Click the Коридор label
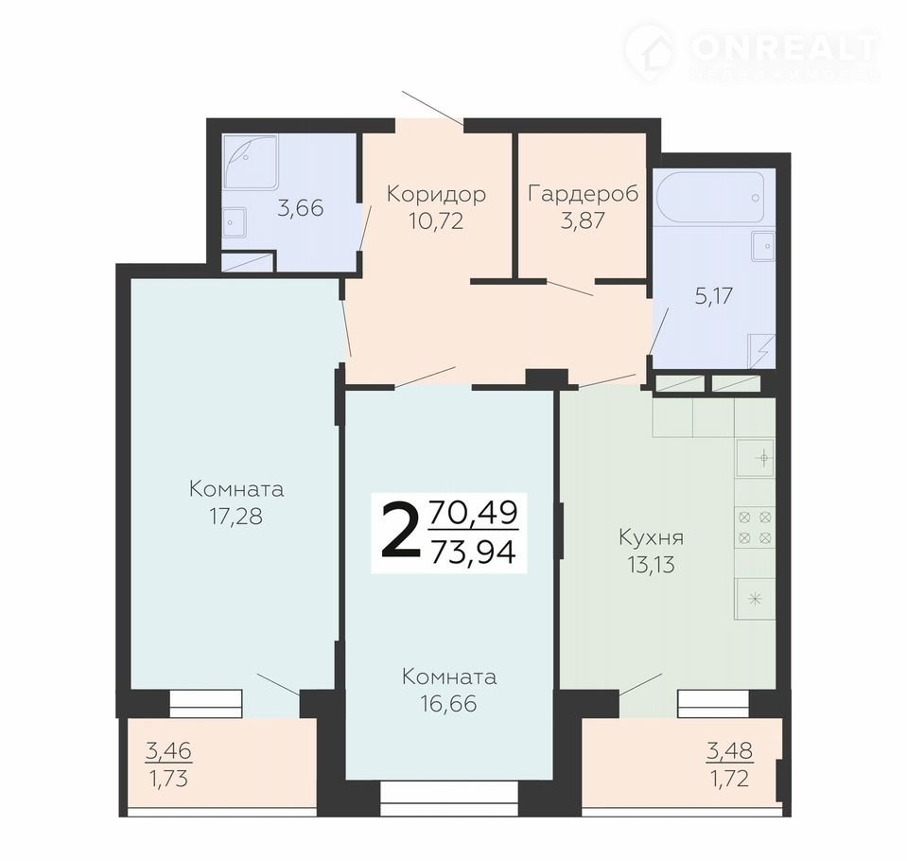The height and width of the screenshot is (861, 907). point(436,194)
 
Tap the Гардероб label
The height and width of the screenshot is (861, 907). point(583,193)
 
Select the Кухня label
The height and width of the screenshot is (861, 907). point(652,537)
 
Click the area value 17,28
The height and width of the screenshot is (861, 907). point(236,517)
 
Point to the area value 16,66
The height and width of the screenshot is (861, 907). point(449,704)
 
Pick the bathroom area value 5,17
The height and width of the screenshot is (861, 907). point(714,296)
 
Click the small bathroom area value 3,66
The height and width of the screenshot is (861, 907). point(300,208)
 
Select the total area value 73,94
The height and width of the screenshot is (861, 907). point(473,553)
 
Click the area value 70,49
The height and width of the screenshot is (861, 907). point(473,513)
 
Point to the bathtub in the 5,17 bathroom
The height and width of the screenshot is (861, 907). point(714,198)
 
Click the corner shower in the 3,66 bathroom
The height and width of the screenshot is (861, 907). point(251,161)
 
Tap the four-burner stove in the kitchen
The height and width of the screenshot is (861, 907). point(755,527)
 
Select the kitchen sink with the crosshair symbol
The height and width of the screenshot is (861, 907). point(755,458)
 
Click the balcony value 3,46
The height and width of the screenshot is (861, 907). point(168,751)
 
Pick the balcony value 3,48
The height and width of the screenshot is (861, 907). point(729,751)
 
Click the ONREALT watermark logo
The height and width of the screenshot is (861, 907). point(753,52)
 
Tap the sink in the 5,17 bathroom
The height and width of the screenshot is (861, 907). point(763,245)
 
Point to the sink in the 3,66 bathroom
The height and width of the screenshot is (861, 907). point(235,222)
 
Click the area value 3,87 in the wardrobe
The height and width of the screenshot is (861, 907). point(583,220)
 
